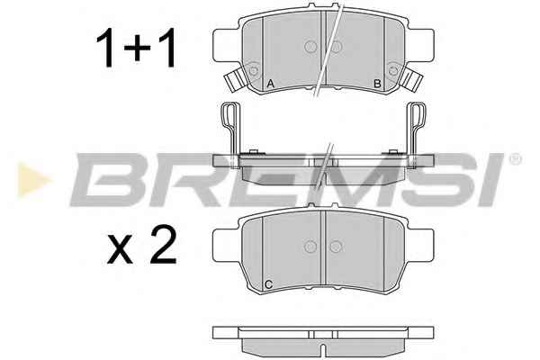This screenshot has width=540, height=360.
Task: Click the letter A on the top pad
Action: click(271, 83)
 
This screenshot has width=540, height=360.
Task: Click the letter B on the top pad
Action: click(377, 84)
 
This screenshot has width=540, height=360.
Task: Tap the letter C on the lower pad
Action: click(269, 284)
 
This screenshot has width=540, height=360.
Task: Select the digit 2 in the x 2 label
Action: click(164, 245)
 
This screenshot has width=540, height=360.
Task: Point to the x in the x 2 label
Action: click(120, 249)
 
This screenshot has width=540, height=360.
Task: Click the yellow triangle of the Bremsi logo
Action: click(32, 179)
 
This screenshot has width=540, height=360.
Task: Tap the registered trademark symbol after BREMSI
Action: click(515, 158)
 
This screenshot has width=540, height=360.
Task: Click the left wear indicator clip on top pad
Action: click(235, 79)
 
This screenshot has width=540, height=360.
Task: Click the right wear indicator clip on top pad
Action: click(413, 79)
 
